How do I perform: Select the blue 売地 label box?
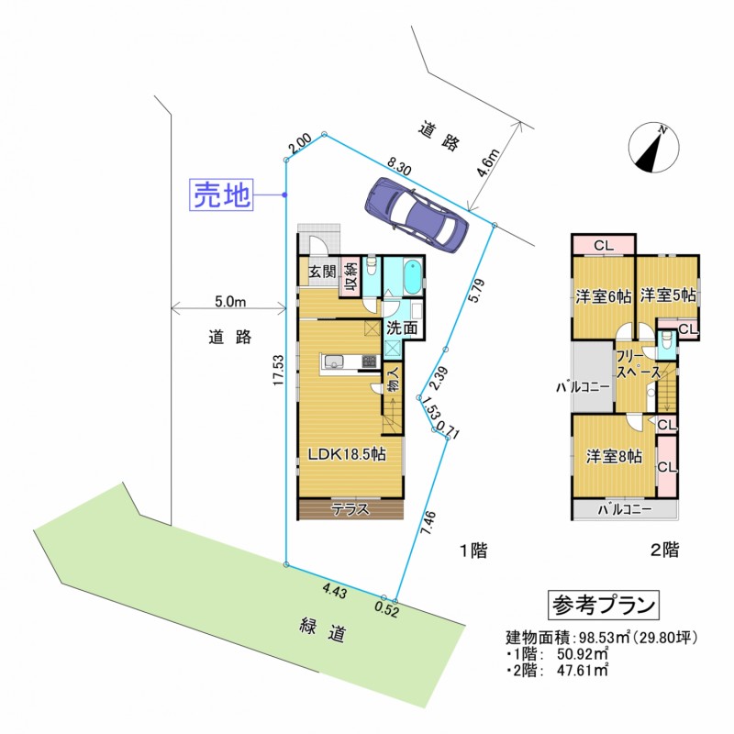[221, 195]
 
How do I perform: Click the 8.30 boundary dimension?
[399, 165]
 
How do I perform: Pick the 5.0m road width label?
[229, 301]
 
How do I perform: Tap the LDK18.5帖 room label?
[346, 454]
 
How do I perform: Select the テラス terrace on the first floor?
[350, 509]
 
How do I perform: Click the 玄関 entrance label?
[320, 272]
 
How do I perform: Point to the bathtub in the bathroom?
[411, 276]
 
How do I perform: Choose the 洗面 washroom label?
[402, 328]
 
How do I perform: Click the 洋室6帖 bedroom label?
[603, 296]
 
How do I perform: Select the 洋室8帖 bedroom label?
[614, 456]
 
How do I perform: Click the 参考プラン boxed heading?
[604, 605]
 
